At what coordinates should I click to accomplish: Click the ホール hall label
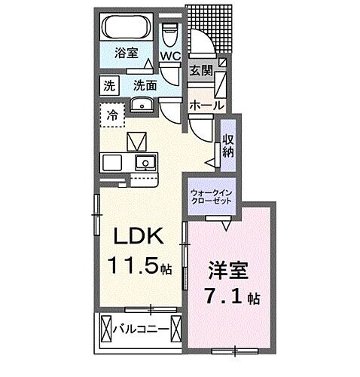point(203,104)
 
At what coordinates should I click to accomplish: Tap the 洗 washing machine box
point(111,85)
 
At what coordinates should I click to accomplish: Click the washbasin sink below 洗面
point(142,106)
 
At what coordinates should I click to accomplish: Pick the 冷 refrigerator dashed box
point(112,116)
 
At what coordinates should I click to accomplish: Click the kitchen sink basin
point(143,163)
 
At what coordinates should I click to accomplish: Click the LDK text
point(138,238)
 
